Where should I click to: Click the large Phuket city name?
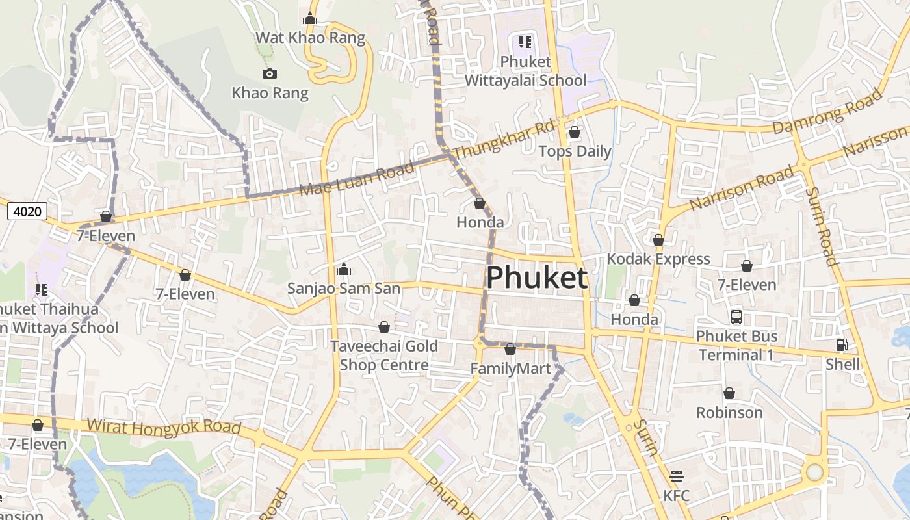point(537,278)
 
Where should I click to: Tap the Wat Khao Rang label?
point(310,38)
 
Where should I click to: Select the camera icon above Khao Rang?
point(269,74)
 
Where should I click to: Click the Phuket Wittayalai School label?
point(525,71)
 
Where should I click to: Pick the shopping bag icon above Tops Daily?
point(574,133)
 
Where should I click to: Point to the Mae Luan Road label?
point(357,180)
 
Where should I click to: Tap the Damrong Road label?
point(828,111)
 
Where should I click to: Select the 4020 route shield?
point(27,211)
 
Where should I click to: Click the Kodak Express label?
point(658,259)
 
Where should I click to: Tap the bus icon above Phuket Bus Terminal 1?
point(736,317)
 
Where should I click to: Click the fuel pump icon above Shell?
point(842,345)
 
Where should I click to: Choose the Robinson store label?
point(729,412)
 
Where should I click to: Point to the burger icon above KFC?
point(676,476)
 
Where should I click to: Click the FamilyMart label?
point(510,369)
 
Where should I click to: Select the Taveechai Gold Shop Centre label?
point(384,355)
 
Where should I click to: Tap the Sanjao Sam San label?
point(343,288)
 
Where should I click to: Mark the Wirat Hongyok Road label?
point(164,427)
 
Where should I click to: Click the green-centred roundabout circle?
point(814,473)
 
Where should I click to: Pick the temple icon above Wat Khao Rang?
point(310,18)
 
